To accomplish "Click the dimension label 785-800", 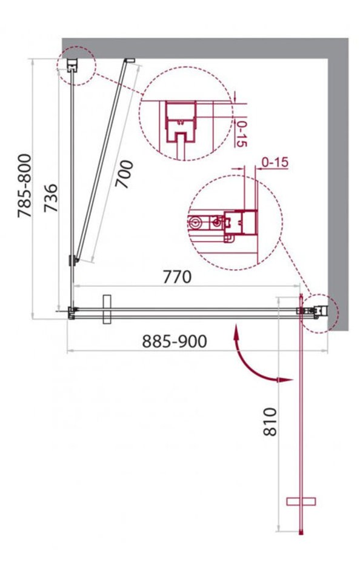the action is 25,186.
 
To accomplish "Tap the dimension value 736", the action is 51,198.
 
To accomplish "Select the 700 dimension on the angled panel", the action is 124,174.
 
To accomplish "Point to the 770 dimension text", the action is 177,277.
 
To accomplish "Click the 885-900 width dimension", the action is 175,341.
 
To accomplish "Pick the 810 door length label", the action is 270,421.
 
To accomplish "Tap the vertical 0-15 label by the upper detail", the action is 241,133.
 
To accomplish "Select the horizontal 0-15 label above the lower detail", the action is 275,162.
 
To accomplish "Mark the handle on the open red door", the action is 301,501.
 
